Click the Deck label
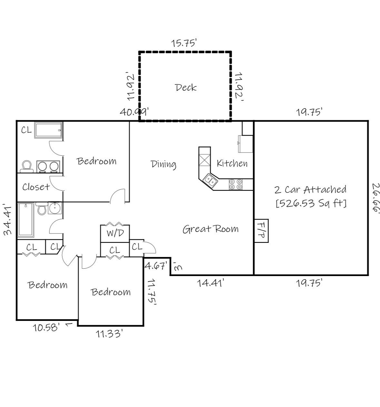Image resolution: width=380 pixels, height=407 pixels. point(186,87)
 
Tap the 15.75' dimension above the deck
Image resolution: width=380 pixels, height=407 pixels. point(184,43)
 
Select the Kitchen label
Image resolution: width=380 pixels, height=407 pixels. point(232,164)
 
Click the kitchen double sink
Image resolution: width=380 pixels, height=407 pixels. point(210,180)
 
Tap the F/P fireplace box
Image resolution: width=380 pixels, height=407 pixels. point(261,231)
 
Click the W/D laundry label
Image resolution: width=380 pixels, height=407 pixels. point(115,233)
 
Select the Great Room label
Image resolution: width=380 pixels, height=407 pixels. point(210,229)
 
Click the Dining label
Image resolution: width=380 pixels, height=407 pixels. point(163,164)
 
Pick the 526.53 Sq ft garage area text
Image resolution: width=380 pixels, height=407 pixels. point(311,203)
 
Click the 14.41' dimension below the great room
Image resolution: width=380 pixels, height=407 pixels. point(210,283)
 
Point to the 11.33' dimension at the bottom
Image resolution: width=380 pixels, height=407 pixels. point(109,333)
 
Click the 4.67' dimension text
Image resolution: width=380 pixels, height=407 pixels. point(156,266)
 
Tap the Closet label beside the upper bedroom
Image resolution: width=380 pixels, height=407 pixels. point(36,187)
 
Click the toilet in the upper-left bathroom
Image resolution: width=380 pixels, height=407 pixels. point(26,166)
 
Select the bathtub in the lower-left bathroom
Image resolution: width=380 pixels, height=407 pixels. point(26,220)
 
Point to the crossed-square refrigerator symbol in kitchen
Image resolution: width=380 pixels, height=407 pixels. point(204,160)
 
